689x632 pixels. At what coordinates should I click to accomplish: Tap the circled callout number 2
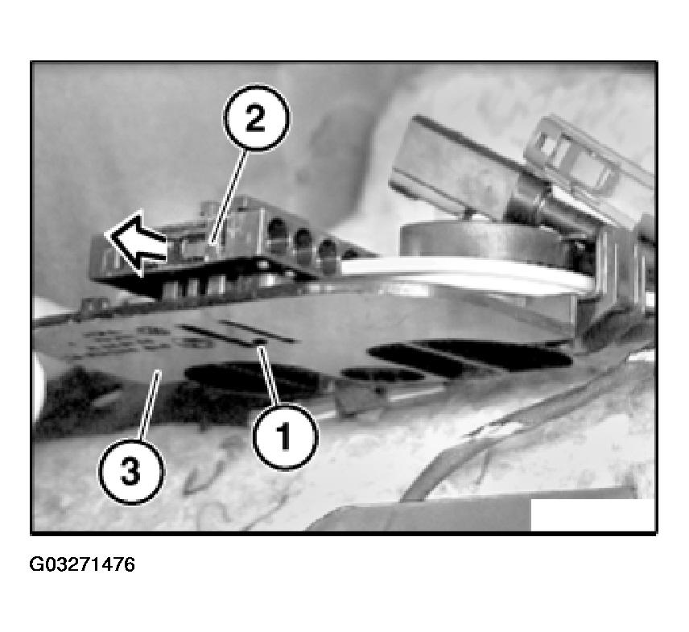tap(253, 121)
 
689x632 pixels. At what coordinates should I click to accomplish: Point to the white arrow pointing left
tap(135, 240)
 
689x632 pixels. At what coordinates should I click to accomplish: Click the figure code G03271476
tap(82, 564)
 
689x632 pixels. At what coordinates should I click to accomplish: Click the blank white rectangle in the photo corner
tap(592, 514)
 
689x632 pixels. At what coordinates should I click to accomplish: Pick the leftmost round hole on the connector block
tap(276, 234)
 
